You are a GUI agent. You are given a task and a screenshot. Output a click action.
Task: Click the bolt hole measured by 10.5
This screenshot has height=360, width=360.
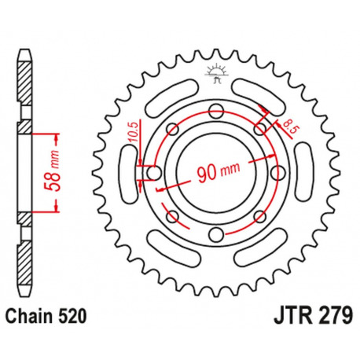pos(153,172)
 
